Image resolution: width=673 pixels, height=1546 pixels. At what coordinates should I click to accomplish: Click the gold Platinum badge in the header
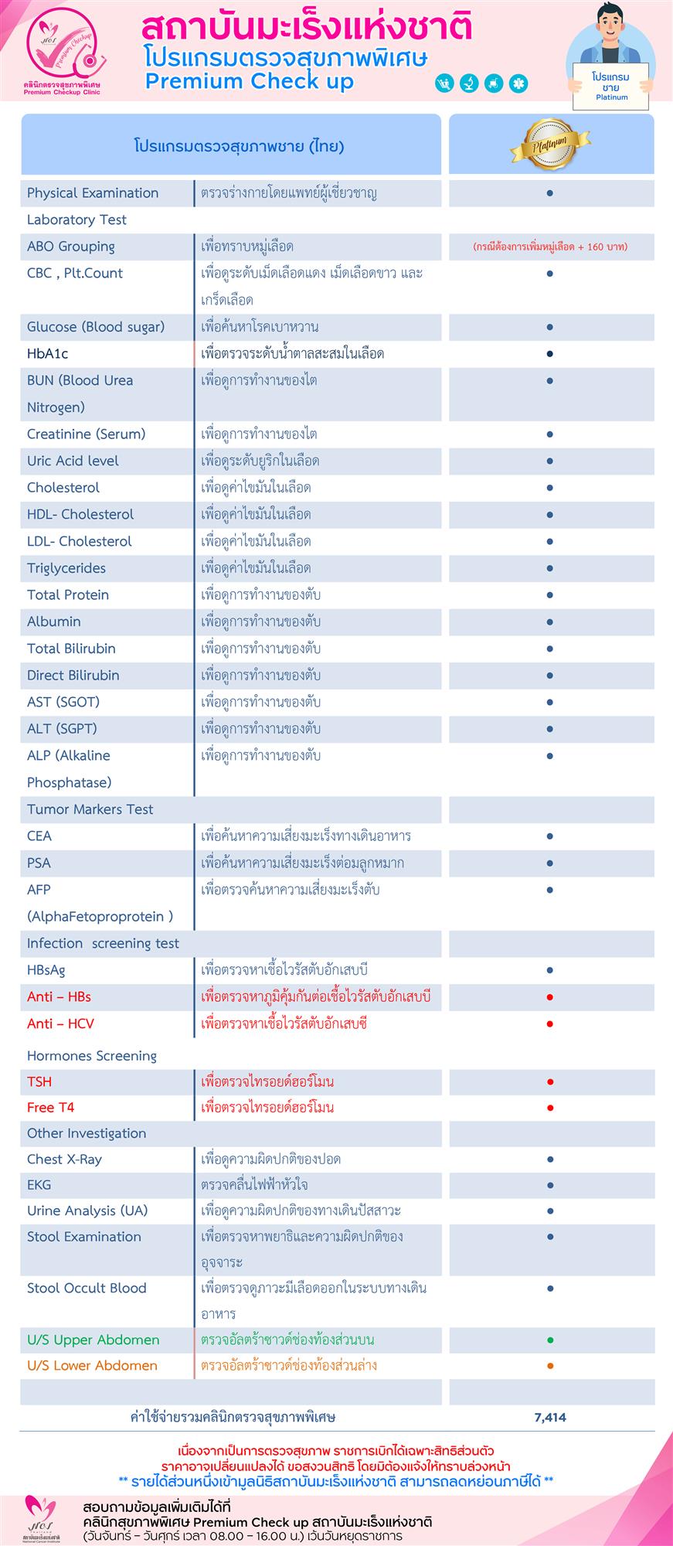pos(550,145)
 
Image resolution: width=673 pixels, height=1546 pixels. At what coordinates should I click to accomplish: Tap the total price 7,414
pos(550,1417)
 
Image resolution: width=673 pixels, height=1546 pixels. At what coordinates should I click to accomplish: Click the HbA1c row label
pos(48,353)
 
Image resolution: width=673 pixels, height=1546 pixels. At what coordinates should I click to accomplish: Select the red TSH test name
pos(39,1081)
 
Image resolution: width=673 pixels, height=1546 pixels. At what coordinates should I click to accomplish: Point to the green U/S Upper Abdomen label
pos(93,1340)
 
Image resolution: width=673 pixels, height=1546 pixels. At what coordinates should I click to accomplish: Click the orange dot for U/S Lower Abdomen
pos(550,1366)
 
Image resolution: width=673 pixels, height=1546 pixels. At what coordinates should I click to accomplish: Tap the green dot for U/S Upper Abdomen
pos(550,1340)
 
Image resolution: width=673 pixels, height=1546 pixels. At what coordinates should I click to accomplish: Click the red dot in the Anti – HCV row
pos(550,1024)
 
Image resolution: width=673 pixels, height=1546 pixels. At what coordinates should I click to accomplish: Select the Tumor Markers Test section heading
pos(90,809)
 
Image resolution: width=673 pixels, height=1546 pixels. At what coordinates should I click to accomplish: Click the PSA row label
pos(39,863)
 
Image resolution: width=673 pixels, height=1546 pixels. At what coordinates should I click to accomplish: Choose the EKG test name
pos(39,1184)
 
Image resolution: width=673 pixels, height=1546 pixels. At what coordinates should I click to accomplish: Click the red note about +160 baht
pos(550,247)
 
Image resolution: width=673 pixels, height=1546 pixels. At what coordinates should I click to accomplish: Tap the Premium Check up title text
pos(249,82)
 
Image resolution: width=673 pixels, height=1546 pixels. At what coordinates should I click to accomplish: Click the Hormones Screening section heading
pos(92,1056)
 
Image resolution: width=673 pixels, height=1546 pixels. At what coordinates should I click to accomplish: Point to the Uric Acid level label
pos(73,461)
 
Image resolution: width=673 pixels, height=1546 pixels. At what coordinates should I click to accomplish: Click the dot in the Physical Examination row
pos(550,193)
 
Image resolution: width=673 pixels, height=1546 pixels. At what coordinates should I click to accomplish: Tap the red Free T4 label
pos(51,1108)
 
